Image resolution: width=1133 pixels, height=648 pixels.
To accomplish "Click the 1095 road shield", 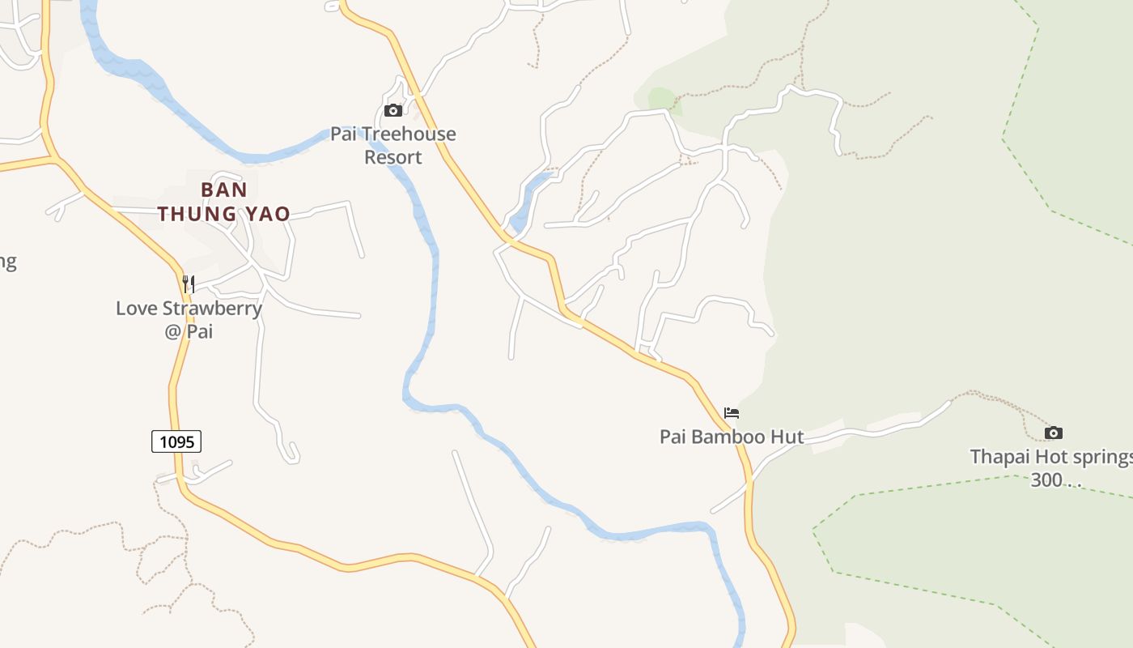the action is point(176,441).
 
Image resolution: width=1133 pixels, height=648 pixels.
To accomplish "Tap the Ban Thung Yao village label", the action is point(224,202).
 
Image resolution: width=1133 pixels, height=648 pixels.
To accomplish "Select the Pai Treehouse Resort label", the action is point(393,145).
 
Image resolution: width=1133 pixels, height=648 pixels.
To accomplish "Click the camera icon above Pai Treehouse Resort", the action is point(393,110).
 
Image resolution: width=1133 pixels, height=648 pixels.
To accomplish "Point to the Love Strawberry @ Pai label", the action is point(189,319).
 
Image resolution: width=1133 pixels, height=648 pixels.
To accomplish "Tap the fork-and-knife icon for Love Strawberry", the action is point(189,283).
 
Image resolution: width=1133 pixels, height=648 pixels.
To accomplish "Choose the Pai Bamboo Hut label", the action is point(732,437).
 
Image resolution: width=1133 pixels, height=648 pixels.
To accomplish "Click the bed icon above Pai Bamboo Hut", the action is point(732,413).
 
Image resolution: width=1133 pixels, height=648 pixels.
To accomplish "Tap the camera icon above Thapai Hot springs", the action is point(1054,433).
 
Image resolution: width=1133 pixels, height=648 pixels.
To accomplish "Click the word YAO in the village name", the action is point(268,214).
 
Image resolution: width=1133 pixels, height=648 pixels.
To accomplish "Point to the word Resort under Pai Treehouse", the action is point(393,157).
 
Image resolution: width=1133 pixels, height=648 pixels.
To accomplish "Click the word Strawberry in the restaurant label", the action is point(212,309).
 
